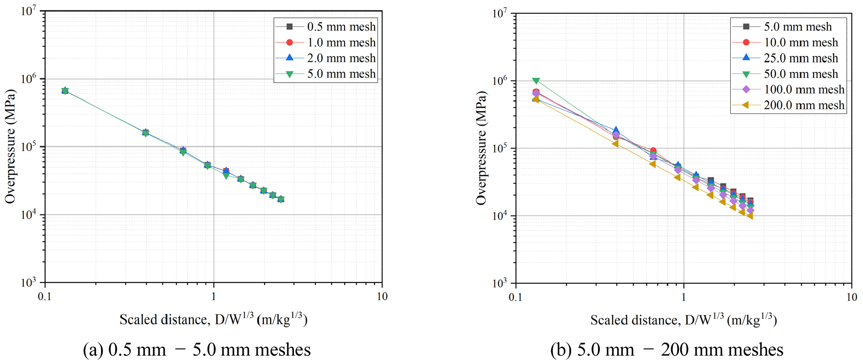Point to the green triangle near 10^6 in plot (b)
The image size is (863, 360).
coord(536,81)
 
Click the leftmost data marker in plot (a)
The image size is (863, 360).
coord(65,91)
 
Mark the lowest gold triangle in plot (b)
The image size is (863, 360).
coord(750,215)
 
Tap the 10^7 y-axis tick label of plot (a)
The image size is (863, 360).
coord(28,11)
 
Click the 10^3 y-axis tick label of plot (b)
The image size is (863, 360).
coord(499,283)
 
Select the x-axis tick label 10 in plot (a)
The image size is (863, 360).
coord(382,297)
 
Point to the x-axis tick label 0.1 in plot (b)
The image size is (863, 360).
coord(515,297)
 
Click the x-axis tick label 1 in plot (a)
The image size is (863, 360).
coord(213,297)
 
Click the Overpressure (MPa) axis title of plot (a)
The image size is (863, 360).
coord(11,147)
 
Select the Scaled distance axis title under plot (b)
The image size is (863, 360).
coord(683,320)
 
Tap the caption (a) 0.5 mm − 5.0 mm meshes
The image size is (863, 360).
coord(197,350)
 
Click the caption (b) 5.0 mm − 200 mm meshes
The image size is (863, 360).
coord(666,350)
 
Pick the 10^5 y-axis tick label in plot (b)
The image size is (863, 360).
coord(499,148)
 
